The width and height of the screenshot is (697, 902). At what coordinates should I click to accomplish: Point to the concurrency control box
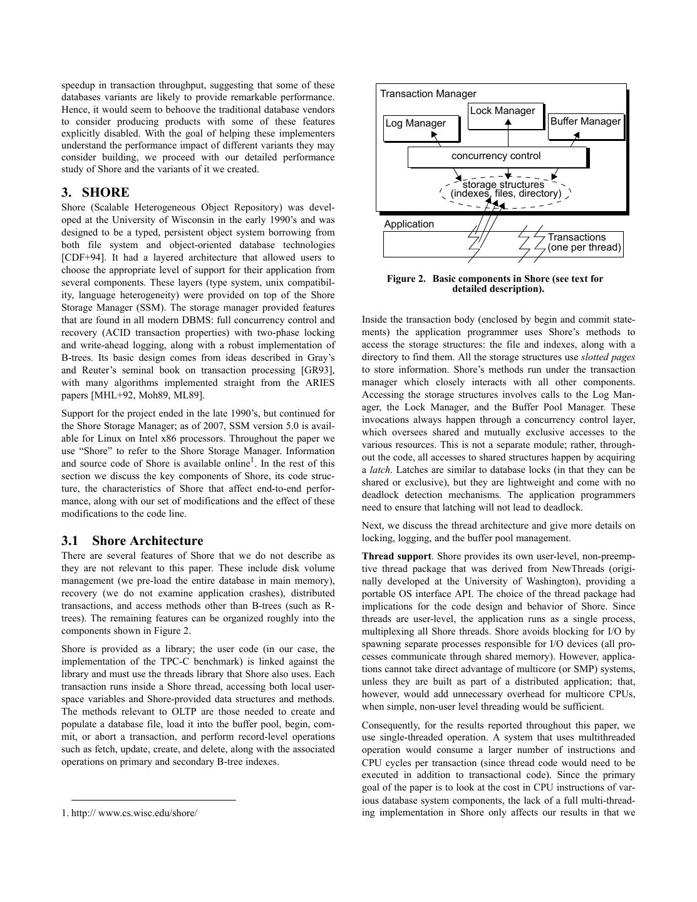coord(497,157)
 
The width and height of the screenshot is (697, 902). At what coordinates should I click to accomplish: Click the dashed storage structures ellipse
coord(505,189)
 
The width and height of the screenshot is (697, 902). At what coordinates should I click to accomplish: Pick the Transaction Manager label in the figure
coord(428,94)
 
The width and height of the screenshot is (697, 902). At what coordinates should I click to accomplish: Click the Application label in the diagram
coord(408,224)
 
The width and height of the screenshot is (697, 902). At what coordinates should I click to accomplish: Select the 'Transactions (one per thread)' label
coord(584,242)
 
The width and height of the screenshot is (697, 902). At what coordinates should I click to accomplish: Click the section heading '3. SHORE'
coord(95,192)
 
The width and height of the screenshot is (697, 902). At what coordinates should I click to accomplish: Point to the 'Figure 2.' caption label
coord(406,279)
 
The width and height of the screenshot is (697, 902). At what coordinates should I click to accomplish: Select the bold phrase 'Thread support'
coord(396,556)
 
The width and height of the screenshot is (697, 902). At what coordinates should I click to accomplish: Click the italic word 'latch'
coord(378,470)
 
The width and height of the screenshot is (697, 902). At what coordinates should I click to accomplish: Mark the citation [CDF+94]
coord(86,257)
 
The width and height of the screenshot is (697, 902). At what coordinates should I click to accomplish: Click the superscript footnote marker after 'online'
coord(252,460)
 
